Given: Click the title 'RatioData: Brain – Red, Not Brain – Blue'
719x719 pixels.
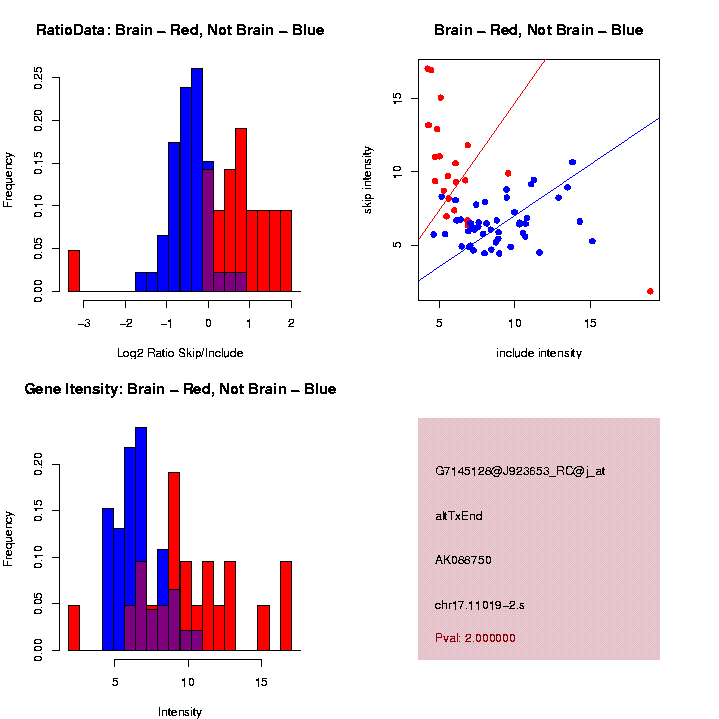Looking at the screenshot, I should point(180,30).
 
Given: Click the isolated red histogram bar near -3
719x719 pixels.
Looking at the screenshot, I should point(74,271).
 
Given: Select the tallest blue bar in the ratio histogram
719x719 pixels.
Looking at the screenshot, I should point(197,180).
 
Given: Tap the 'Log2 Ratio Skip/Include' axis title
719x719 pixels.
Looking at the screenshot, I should point(180,353).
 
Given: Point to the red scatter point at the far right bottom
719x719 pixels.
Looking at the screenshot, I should point(650,291).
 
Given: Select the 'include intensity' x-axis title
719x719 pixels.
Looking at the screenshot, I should point(539,353).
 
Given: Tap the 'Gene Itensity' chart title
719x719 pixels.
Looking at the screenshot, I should point(180,389).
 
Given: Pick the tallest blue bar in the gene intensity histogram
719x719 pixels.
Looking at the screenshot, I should point(141,539).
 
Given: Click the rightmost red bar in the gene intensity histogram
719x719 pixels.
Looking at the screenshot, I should point(286,605).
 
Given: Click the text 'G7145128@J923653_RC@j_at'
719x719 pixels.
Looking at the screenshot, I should point(520,472).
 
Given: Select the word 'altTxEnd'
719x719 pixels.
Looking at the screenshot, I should point(459,516).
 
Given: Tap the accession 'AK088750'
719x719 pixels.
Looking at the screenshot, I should point(463,560).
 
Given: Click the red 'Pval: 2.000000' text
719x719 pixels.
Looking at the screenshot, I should point(475,637).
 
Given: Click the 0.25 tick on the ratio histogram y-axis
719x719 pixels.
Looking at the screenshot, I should point(37,77).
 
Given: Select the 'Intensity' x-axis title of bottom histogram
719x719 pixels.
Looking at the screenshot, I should point(180,712).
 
